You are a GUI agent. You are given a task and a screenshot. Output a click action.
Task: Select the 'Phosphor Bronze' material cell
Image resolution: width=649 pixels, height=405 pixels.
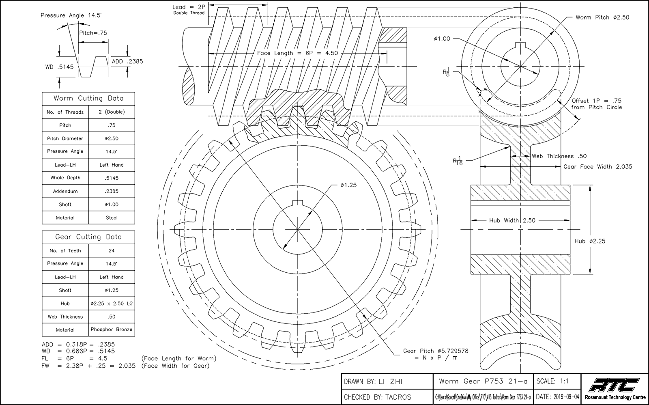coord(112,330)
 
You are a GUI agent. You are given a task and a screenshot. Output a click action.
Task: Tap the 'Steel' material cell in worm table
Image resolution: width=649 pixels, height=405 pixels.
coord(112,218)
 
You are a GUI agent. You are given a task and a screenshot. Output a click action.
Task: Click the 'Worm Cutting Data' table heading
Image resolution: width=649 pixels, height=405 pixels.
coord(88,98)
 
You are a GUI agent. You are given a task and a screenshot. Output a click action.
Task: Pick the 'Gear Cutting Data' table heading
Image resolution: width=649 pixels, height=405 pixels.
coord(88,237)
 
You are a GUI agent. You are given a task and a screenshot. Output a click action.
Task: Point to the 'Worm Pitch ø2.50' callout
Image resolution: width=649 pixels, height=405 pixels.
coord(602,17)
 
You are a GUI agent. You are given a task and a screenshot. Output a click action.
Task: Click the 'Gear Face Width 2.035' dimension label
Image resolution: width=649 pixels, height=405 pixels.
coord(597,166)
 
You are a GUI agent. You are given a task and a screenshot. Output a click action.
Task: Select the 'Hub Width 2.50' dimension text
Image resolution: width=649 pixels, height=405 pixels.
coord(512,220)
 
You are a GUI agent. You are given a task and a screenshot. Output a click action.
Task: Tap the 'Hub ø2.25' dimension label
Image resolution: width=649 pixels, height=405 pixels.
coord(590,241)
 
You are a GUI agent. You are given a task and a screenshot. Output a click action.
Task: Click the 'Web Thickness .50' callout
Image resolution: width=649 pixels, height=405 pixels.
coord(559,156)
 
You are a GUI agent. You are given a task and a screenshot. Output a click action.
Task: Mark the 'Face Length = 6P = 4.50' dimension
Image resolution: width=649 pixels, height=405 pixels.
coord(297,53)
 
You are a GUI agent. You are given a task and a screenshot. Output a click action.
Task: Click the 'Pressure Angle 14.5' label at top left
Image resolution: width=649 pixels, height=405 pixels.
coord(71,15)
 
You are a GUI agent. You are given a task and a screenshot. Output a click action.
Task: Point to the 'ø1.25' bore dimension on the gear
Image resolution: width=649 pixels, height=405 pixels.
coord(348,185)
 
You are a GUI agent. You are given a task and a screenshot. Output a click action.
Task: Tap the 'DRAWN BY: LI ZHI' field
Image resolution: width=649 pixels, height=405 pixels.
coord(373,381)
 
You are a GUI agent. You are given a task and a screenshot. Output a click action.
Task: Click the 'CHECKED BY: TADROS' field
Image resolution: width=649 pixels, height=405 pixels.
coord(377,397)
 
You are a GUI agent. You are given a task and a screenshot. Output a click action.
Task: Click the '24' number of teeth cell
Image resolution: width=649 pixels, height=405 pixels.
coord(112,251)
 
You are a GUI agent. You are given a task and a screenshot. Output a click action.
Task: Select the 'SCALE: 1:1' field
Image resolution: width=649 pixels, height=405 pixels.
coord(552,381)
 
